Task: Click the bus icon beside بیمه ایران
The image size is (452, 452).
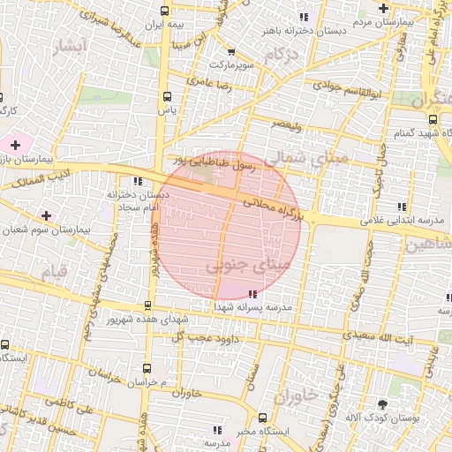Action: (165, 11)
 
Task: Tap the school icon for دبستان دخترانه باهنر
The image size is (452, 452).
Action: (304, 17)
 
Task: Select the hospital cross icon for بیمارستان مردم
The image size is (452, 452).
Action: (382, 9)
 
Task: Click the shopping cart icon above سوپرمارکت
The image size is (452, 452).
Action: (230, 51)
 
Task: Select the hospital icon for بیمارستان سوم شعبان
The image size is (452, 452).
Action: (46, 215)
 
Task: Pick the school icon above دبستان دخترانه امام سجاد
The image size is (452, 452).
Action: (136, 180)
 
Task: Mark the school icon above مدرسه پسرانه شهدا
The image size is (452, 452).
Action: (253, 292)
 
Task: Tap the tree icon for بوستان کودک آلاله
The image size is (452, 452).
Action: (382, 403)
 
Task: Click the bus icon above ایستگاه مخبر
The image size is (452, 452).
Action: (262, 418)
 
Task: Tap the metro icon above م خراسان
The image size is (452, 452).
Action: (147, 368)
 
